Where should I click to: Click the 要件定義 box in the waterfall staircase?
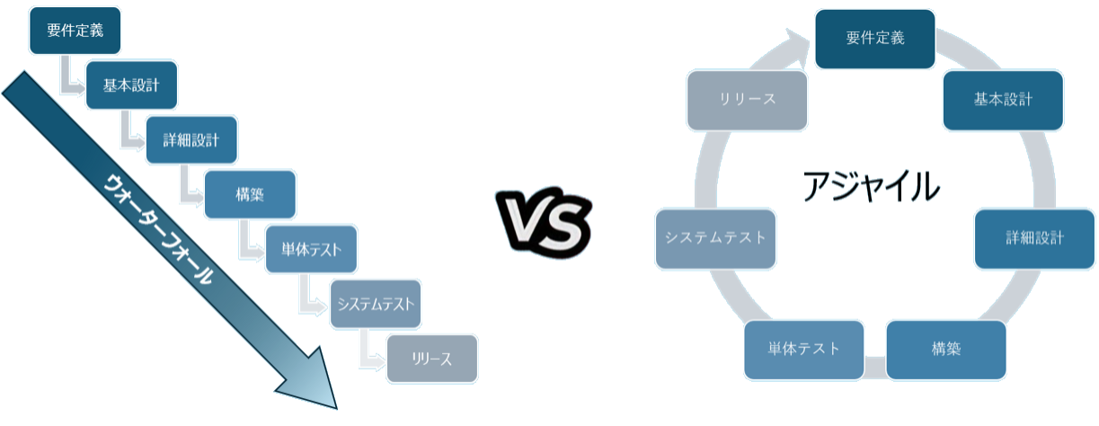click(75, 30)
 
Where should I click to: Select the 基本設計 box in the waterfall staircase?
click(131, 85)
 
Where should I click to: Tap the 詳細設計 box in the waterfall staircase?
click(191, 140)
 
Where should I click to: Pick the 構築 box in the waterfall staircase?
click(249, 195)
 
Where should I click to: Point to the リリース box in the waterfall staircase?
click(432, 359)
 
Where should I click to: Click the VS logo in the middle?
click(547, 217)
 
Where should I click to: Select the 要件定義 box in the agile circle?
click(874, 39)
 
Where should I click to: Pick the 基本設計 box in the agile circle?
click(1003, 99)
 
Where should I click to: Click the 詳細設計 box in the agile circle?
click(1034, 238)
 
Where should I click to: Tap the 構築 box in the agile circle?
click(946, 349)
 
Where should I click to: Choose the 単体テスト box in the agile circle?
click(804, 349)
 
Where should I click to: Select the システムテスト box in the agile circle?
click(715, 238)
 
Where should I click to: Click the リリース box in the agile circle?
click(747, 99)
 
